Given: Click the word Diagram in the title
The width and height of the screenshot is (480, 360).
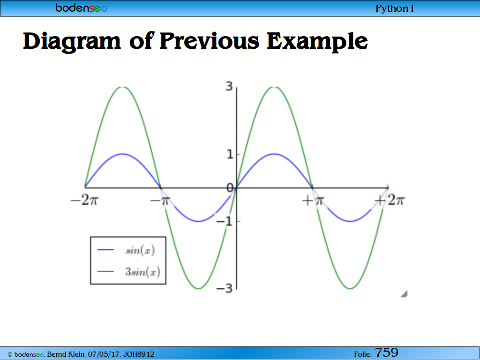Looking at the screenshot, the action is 72,42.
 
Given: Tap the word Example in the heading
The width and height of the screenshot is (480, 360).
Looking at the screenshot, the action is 317,42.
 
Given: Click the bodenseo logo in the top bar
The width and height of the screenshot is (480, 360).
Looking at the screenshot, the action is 82,7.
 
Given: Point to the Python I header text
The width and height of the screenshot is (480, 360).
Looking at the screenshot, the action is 394,8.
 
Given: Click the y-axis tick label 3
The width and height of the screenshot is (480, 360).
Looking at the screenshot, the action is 229,87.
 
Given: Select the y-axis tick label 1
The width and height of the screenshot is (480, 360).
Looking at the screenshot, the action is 230,155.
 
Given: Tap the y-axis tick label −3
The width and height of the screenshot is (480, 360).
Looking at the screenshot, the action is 225,288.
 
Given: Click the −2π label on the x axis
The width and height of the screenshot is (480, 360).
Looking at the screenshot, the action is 84,201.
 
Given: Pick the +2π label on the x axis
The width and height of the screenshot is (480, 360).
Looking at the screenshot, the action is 390,201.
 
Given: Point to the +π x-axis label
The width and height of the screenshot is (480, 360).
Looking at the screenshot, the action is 313,201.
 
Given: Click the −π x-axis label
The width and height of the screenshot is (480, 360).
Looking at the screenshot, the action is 160,201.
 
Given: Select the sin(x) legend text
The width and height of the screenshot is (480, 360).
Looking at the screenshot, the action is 140,250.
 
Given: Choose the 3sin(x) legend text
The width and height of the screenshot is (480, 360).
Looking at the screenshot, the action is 142,271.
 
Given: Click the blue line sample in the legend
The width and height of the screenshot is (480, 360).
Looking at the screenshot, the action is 105,250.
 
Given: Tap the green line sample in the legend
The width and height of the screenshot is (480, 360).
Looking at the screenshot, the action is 105,271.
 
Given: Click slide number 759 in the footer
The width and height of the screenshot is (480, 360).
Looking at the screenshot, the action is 387,352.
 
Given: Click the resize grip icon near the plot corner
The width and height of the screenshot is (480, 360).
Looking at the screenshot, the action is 404,294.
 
